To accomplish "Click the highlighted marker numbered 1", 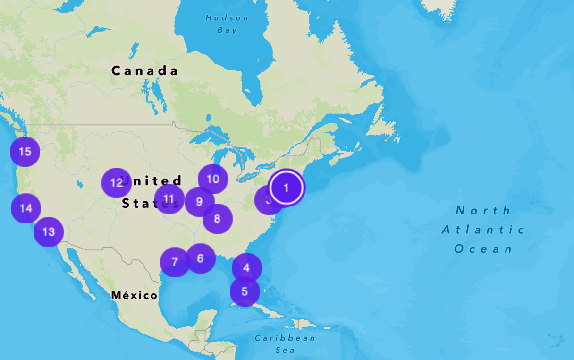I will tap(286, 188).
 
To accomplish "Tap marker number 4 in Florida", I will tap(246, 268).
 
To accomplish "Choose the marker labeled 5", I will tap(245, 291).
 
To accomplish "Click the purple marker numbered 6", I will tap(201, 258).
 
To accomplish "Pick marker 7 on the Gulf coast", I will tap(175, 262).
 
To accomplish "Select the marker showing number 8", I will tap(218, 219).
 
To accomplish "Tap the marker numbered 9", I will tap(199, 202).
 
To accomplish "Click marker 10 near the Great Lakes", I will tap(213, 179).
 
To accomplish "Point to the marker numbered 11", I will tap(169, 199).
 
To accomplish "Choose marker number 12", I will tap(117, 183).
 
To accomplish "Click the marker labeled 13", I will tap(49, 232).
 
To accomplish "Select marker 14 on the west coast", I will tap(26, 208).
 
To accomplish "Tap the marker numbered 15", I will tap(25, 152).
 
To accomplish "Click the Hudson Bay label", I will tap(227, 24).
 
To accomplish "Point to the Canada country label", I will tap(145, 71).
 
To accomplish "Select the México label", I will tap(134, 296).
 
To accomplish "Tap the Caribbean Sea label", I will tap(285, 344).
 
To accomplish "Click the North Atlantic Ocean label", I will tap(483, 230).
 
